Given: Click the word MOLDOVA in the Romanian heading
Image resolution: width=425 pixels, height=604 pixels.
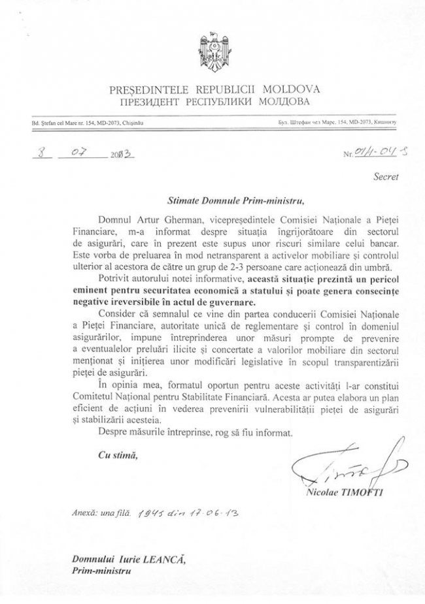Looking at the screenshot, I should click(x=294, y=89).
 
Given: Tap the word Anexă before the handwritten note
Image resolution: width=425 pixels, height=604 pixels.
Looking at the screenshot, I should click(x=84, y=514).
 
